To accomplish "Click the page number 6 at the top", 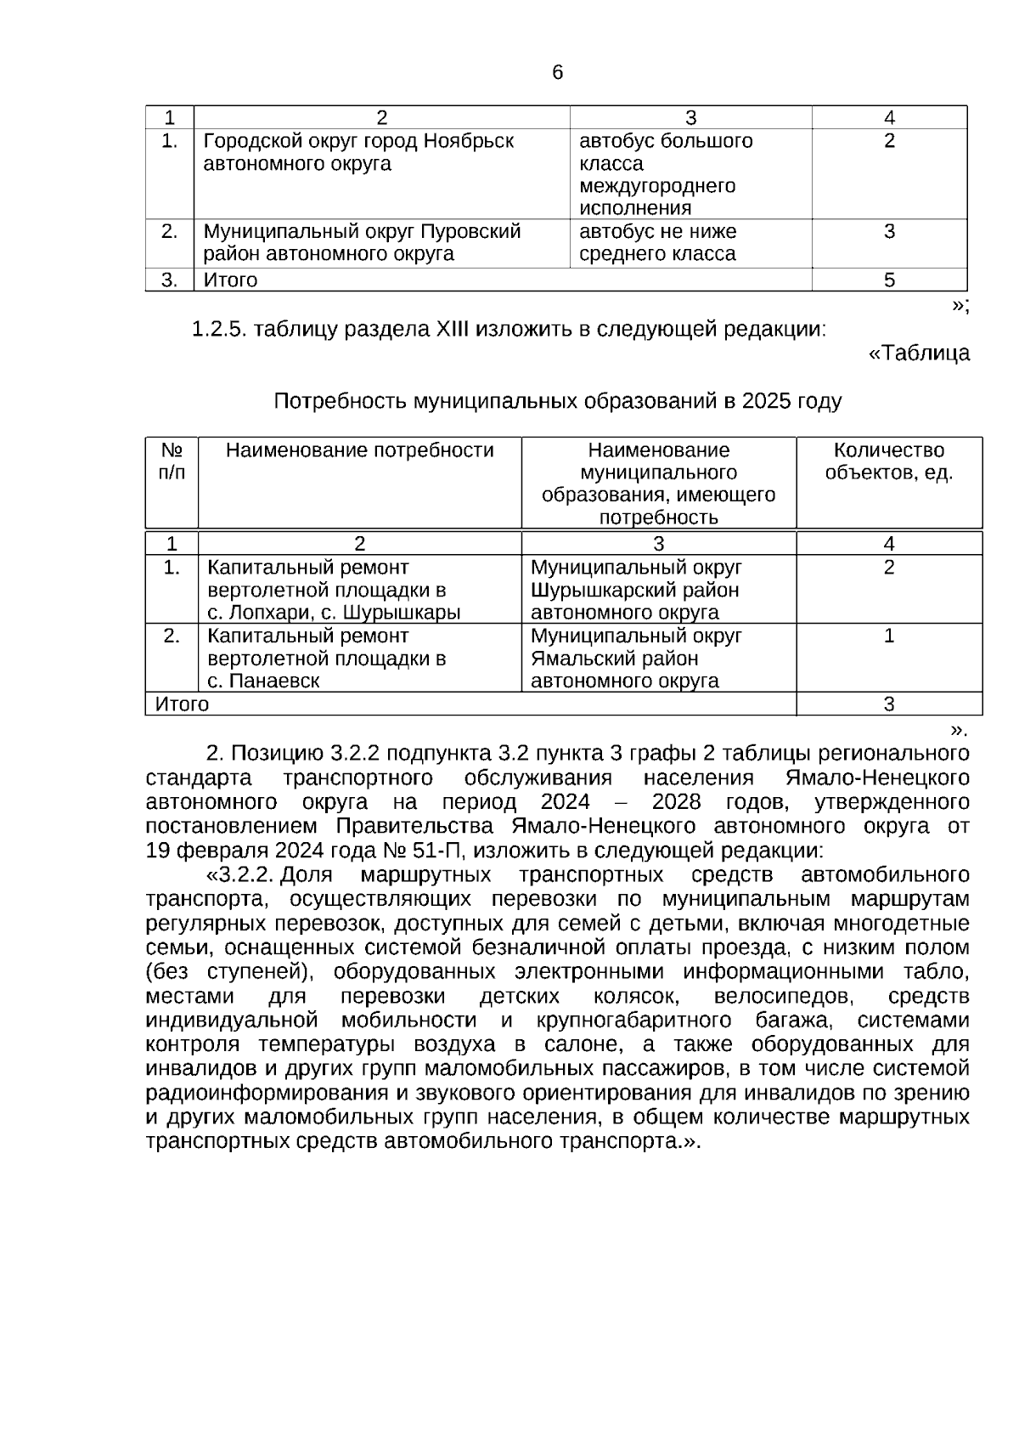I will pyautogui.click(x=557, y=73).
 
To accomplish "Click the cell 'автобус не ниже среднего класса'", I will pyautogui.click(x=657, y=243).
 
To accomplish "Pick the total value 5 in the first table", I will pyautogui.click(x=889, y=280).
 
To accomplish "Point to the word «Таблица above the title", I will pyautogui.click(x=918, y=353).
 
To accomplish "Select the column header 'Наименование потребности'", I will pyautogui.click(x=359, y=450).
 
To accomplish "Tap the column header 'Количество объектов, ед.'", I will pyautogui.click(x=889, y=461).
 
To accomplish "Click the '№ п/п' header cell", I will pyautogui.click(x=172, y=461).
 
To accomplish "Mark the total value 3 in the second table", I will pyautogui.click(x=889, y=704).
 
